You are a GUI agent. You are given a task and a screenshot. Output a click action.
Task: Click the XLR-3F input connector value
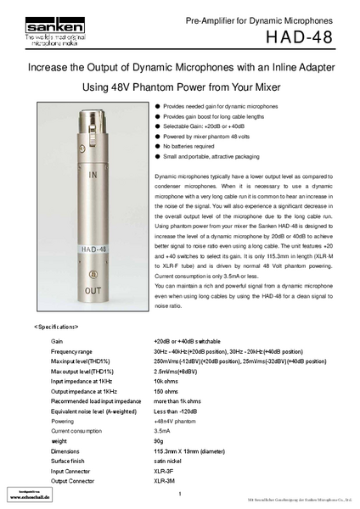165,472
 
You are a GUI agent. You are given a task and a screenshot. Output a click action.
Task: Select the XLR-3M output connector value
165,482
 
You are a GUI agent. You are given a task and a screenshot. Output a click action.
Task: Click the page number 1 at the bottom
180,495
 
